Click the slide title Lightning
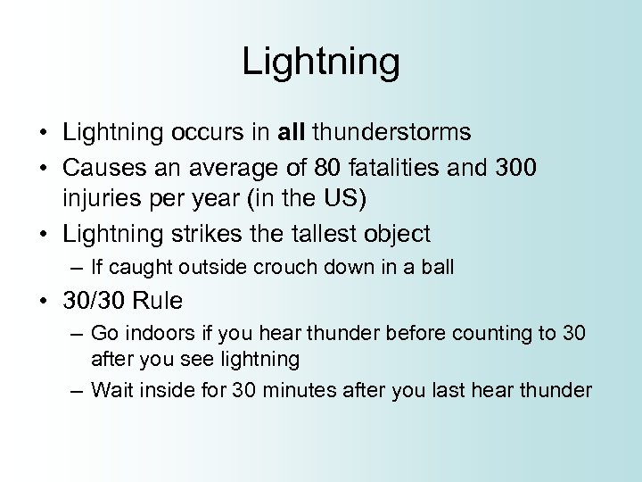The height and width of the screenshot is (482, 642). pyautogui.click(x=321, y=62)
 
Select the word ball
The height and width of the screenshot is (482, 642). pyautogui.click(x=438, y=267)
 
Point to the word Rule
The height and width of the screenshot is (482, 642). pyautogui.click(x=160, y=301)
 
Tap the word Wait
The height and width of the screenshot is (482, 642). pyautogui.click(x=111, y=390)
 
